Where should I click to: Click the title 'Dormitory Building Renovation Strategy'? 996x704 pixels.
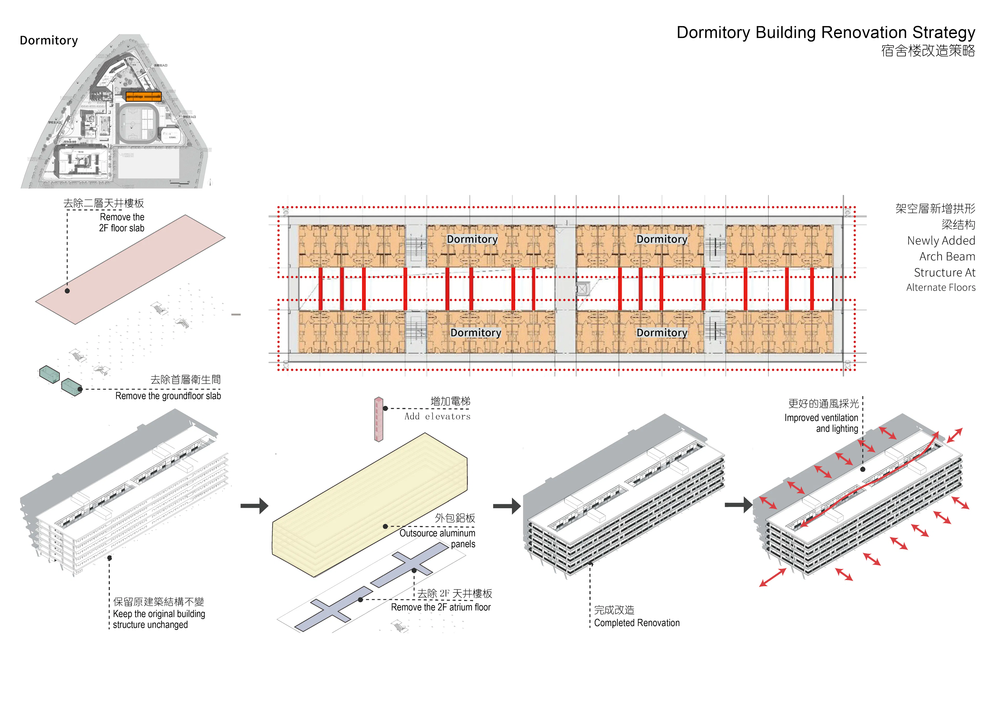(x=826, y=32)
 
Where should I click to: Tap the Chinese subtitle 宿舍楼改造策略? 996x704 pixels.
(x=928, y=51)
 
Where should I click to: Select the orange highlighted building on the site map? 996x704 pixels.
(x=143, y=96)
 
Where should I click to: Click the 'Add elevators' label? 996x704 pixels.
(x=437, y=416)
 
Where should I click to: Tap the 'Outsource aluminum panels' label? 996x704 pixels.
(x=437, y=538)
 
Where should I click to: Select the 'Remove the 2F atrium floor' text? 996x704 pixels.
(x=441, y=607)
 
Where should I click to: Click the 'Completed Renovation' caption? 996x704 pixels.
(x=637, y=623)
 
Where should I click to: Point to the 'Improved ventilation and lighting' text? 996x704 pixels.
(x=821, y=423)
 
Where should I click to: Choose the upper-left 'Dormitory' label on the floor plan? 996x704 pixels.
(x=472, y=239)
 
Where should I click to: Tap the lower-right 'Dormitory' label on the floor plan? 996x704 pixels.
(x=662, y=333)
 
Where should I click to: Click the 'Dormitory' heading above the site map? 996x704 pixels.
(x=49, y=40)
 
